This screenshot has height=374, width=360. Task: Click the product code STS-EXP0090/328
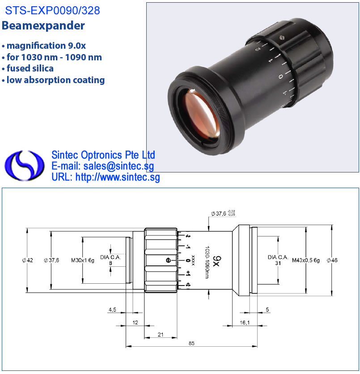point(52,10)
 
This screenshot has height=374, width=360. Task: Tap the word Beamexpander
point(43,26)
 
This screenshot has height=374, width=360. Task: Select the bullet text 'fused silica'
point(30,68)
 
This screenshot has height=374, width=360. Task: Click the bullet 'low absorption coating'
point(55,80)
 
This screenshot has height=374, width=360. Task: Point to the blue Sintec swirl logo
point(24,165)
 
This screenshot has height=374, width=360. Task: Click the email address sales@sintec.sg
point(119,166)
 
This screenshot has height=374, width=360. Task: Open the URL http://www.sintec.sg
point(118,177)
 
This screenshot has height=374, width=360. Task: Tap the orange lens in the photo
point(202,114)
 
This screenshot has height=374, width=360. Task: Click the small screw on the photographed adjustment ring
point(282,38)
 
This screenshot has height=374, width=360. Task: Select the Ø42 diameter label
point(27,260)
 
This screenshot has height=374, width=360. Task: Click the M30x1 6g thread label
point(83,260)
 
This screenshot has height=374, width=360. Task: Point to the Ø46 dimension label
point(332,260)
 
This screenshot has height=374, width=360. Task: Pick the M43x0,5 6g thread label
point(306,260)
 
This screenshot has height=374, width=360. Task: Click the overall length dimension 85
point(191,343)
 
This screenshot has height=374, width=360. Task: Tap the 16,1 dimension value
point(245,323)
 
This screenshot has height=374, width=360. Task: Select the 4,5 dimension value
point(112,310)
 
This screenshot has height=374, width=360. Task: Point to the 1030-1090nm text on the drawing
point(207,262)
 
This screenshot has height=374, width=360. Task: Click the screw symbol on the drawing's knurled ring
point(168,260)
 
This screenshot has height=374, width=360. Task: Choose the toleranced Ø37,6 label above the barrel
point(223,213)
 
